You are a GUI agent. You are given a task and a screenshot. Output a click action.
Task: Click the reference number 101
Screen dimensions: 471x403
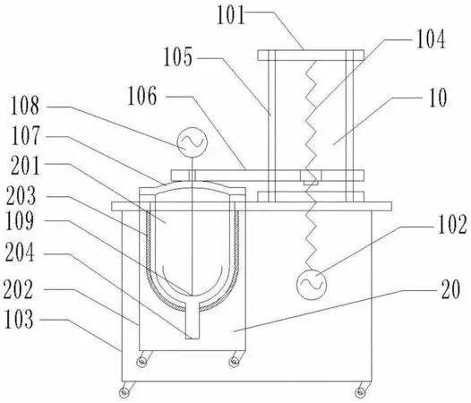[231, 15]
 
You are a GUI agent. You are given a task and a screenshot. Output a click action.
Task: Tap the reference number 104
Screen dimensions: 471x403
[430, 39]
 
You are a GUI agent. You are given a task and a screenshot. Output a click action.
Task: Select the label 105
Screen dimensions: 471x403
[177, 57]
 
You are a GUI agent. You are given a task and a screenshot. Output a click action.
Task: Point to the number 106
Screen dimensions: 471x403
[142, 96]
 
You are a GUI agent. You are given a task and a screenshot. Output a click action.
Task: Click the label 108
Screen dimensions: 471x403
[25, 106]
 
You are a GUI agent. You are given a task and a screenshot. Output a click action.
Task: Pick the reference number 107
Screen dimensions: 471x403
[26, 135]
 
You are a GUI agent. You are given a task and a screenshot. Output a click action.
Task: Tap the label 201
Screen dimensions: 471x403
[25, 166]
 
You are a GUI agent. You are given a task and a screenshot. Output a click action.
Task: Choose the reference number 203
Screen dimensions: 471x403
[21, 195]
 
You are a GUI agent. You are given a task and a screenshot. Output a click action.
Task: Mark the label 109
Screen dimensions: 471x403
[20, 221]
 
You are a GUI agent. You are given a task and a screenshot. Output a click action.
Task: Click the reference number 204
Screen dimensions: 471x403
[20, 253]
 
